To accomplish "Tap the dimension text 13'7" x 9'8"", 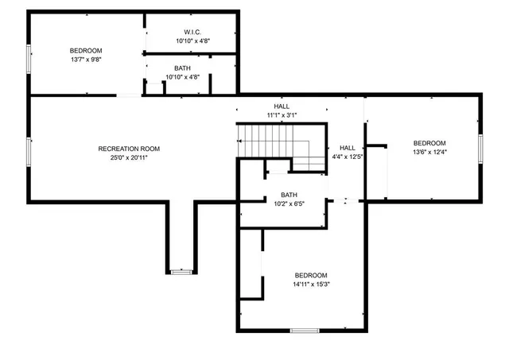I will pyautogui.click(x=86, y=59).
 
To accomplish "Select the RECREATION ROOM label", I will pyautogui.click(x=129, y=149).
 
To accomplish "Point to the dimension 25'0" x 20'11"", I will pyautogui.click(x=129, y=158).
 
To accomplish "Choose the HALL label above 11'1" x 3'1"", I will pyautogui.click(x=282, y=106).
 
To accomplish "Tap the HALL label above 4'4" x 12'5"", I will pyautogui.click(x=348, y=148).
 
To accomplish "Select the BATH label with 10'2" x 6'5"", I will pyautogui.click(x=289, y=195).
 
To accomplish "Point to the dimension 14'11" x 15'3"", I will pyautogui.click(x=310, y=285).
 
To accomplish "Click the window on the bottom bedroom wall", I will pyautogui.click(x=304, y=330).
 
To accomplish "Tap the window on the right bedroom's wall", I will pyautogui.click(x=480, y=148).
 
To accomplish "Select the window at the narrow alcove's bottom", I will pyautogui.click(x=182, y=272).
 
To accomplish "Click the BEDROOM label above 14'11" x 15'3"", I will pyautogui.click(x=310, y=275).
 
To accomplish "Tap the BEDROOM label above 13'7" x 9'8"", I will pyautogui.click(x=86, y=50).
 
